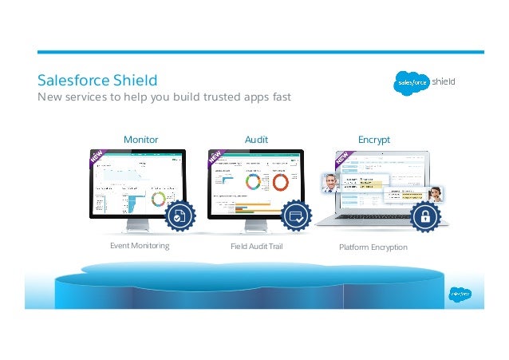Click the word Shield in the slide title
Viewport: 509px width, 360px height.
pyautogui.click(x=133, y=81)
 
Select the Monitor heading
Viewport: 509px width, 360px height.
pyautogui.click(x=140, y=139)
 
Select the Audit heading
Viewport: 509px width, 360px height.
pyautogui.click(x=255, y=139)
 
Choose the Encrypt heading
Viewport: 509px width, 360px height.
pyautogui.click(x=373, y=139)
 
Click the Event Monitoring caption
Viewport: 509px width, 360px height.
pyautogui.click(x=140, y=246)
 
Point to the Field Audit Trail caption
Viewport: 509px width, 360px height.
pyautogui.click(x=256, y=246)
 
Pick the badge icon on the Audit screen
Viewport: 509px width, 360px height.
pyautogui.click(x=297, y=215)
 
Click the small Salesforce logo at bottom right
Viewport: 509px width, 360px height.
pyautogui.click(x=460, y=293)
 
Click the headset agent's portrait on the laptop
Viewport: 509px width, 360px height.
pyautogui.click(x=436, y=193)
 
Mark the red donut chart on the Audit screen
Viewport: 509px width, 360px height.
pyautogui.click(x=281, y=182)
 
